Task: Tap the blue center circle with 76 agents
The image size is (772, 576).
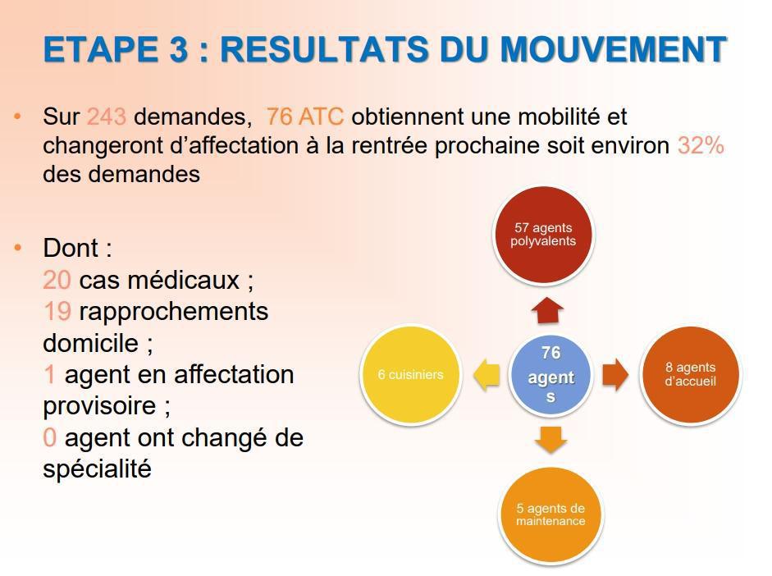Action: (x=550, y=375)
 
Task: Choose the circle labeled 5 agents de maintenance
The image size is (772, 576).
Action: (x=550, y=514)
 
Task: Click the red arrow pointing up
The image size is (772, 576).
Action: (x=548, y=311)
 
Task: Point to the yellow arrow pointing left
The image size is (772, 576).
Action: (x=486, y=375)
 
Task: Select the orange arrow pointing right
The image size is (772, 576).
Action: (x=614, y=375)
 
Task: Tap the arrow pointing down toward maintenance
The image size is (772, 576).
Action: (x=550, y=440)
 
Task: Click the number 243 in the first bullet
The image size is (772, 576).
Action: (x=107, y=117)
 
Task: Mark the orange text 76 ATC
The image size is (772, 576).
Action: (x=304, y=117)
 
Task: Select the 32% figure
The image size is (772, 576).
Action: (x=701, y=145)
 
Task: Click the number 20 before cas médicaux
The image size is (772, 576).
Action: (x=57, y=280)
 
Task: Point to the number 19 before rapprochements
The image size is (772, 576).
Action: (x=57, y=312)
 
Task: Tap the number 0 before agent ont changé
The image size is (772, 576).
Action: (x=49, y=438)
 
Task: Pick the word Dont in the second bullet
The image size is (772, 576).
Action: (x=71, y=249)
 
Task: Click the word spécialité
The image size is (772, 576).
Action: (x=97, y=470)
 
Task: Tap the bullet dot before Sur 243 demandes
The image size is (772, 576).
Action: (x=18, y=117)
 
